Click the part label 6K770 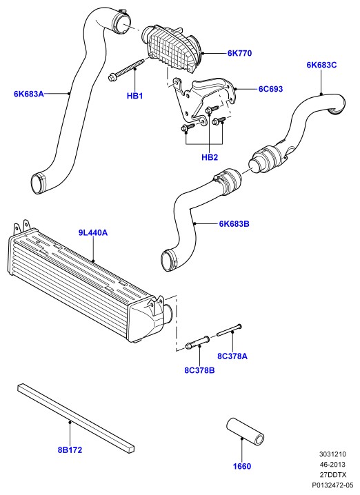click(x=240, y=53)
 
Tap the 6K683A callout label click(x=29, y=94)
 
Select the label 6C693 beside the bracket click(x=270, y=89)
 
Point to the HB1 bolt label click(x=135, y=96)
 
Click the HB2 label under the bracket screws click(x=210, y=157)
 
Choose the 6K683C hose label click(x=321, y=65)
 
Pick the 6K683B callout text click(x=234, y=224)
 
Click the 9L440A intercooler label click(x=93, y=233)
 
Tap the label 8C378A click(x=232, y=356)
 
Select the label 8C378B click(x=199, y=370)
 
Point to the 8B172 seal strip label click(x=70, y=450)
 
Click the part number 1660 click(x=242, y=466)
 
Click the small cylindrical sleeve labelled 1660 click(x=245, y=432)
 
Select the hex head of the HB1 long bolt click(x=112, y=77)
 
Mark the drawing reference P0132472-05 click(x=332, y=485)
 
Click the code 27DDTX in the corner click(x=333, y=475)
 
